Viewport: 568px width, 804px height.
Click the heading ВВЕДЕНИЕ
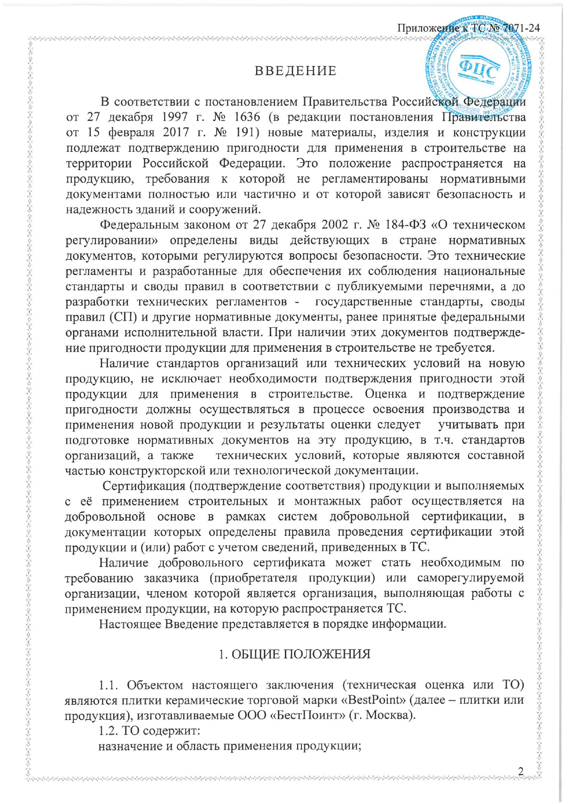pyautogui.click(x=295, y=71)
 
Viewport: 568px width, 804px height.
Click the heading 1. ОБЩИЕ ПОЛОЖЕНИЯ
pyautogui.click(x=295, y=654)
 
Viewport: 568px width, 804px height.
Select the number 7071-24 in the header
pyautogui.click(x=522, y=28)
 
